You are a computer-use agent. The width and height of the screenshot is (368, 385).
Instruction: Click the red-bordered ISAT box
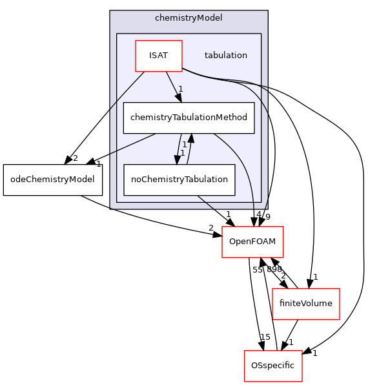click(x=158, y=56)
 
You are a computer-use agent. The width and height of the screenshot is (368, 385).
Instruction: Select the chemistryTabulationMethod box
click(x=189, y=118)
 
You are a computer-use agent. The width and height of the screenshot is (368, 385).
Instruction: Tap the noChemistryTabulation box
click(x=179, y=180)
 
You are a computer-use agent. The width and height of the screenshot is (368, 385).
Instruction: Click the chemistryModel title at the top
click(x=189, y=17)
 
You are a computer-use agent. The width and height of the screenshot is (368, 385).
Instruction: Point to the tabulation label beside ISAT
click(x=225, y=56)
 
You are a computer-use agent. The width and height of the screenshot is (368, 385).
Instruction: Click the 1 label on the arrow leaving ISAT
click(x=181, y=89)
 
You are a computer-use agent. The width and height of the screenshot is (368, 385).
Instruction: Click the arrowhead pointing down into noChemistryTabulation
click(x=176, y=160)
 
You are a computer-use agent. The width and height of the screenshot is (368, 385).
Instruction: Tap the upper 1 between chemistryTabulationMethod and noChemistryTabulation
click(x=184, y=145)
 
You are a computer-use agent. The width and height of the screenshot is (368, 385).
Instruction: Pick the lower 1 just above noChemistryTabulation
click(x=182, y=153)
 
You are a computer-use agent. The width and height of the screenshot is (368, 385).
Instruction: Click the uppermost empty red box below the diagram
click(x=252, y=242)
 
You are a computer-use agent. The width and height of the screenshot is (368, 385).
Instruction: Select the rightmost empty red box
click(x=306, y=304)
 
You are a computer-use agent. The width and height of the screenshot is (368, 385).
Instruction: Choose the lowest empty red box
click(x=273, y=366)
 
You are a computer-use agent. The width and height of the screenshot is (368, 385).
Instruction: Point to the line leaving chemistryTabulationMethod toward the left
click(x=132, y=143)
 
